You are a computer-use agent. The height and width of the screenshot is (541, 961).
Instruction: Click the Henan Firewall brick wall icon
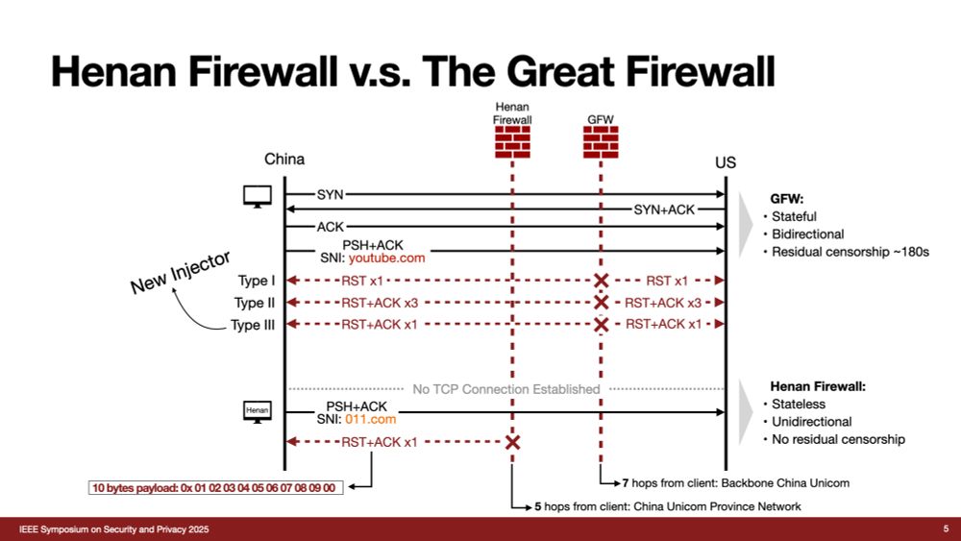tap(512, 142)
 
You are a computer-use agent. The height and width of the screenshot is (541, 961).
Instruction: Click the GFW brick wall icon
tap(601, 142)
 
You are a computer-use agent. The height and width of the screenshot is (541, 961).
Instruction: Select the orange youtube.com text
tap(386, 258)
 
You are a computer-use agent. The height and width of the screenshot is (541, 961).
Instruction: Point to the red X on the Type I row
tap(601, 281)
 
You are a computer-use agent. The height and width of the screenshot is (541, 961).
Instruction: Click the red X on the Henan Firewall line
tap(512, 442)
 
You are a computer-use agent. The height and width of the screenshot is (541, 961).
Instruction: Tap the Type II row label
tap(255, 303)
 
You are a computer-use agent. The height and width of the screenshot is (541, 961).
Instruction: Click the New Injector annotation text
tap(181, 272)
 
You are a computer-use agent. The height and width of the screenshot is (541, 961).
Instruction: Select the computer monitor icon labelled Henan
tap(257, 411)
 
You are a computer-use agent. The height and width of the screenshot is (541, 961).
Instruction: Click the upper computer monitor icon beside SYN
tap(258, 196)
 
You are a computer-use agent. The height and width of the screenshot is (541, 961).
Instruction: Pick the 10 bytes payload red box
tap(214, 488)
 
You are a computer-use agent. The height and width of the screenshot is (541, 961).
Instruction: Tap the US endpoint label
tap(726, 162)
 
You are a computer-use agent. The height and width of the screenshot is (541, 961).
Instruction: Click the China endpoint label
tap(284, 159)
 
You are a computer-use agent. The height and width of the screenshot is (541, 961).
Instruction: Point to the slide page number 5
tap(946, 529)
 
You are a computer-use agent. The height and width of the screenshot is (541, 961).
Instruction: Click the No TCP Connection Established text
tap(505, 389)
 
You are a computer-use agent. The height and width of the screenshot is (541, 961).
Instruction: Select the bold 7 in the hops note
tap(625, 482)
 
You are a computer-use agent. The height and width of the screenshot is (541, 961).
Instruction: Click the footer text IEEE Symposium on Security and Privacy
tap(115, 530)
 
